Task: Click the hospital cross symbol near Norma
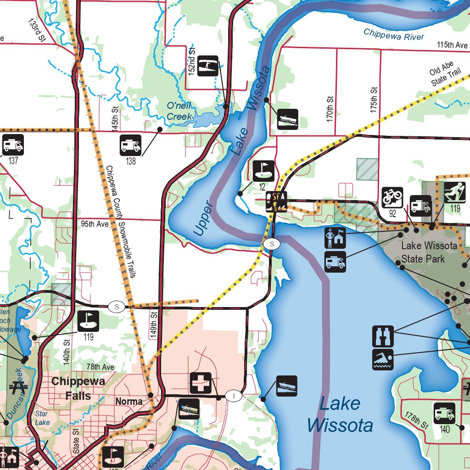point(201,383)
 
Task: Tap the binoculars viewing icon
point(383,336)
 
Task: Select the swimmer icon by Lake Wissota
point(383,359)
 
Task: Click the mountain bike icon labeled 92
point(392,197)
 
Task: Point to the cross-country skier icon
point(454,192)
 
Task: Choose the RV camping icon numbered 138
point(130,145)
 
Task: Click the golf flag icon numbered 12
point(263,171)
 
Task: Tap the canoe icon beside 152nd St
point(208,66)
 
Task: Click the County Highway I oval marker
point(234,396)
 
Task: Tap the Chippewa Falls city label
point(78,388)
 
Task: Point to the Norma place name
point(129,402)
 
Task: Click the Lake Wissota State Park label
point(429,252)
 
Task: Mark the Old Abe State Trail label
point(444,76)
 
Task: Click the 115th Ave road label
point(452,45)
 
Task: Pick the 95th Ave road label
point(95,224)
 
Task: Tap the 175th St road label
point(374,100)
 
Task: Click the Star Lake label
point(42,418)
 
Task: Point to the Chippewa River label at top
point(394,34)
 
